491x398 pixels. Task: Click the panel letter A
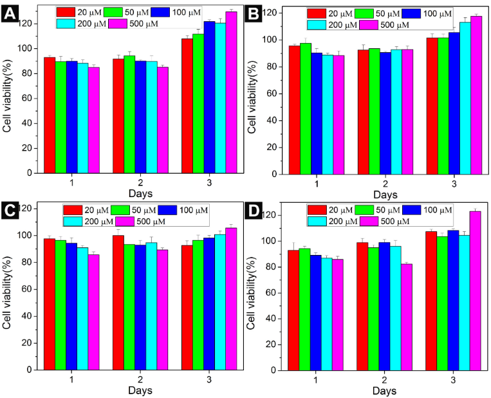pos(10,13)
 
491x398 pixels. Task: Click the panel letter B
pos(254,13)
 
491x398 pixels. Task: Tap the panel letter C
pos(10,211)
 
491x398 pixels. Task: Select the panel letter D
pos(254,211)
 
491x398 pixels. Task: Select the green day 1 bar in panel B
pos(306,108)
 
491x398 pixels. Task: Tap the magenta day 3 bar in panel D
pos(475,290)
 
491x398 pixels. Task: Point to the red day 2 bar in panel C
pos(118,302)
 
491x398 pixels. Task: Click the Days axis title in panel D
pos(385,391)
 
